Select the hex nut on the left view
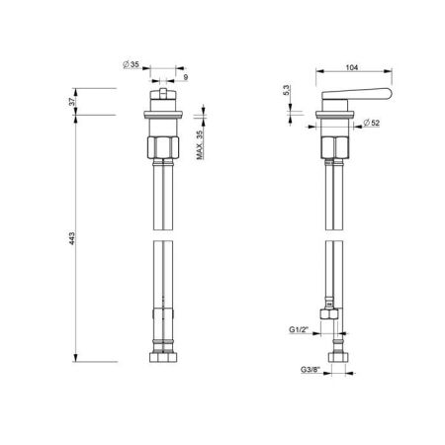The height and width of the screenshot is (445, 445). click(x=161, y=149)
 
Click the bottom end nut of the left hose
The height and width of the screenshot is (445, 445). click(x=161, y=354)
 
